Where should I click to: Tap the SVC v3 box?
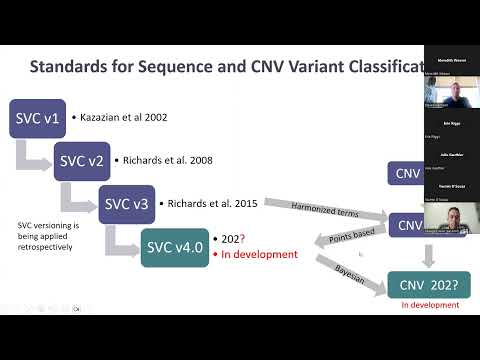[x=127, y=203]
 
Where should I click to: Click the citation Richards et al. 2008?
[x=165, y=160]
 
